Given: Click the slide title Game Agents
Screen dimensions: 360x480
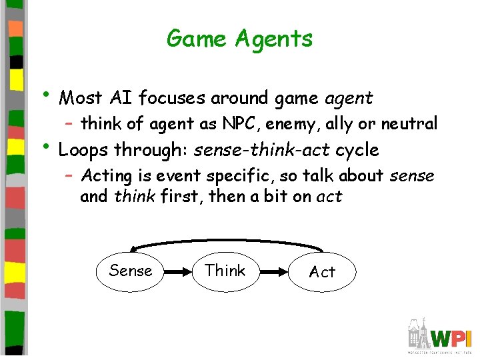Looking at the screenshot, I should (239, 39).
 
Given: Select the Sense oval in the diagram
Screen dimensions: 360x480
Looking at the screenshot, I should (130, 271).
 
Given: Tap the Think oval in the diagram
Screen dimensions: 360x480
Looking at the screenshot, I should (225, 271).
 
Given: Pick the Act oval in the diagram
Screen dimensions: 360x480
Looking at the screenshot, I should (323, 272).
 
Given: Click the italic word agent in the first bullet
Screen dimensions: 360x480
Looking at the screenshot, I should (349, 99).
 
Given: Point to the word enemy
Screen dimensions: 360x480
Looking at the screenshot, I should (289, 124).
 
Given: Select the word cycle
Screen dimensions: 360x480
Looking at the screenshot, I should (357, 150).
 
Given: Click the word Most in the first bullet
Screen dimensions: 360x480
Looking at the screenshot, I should (78, 99).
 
